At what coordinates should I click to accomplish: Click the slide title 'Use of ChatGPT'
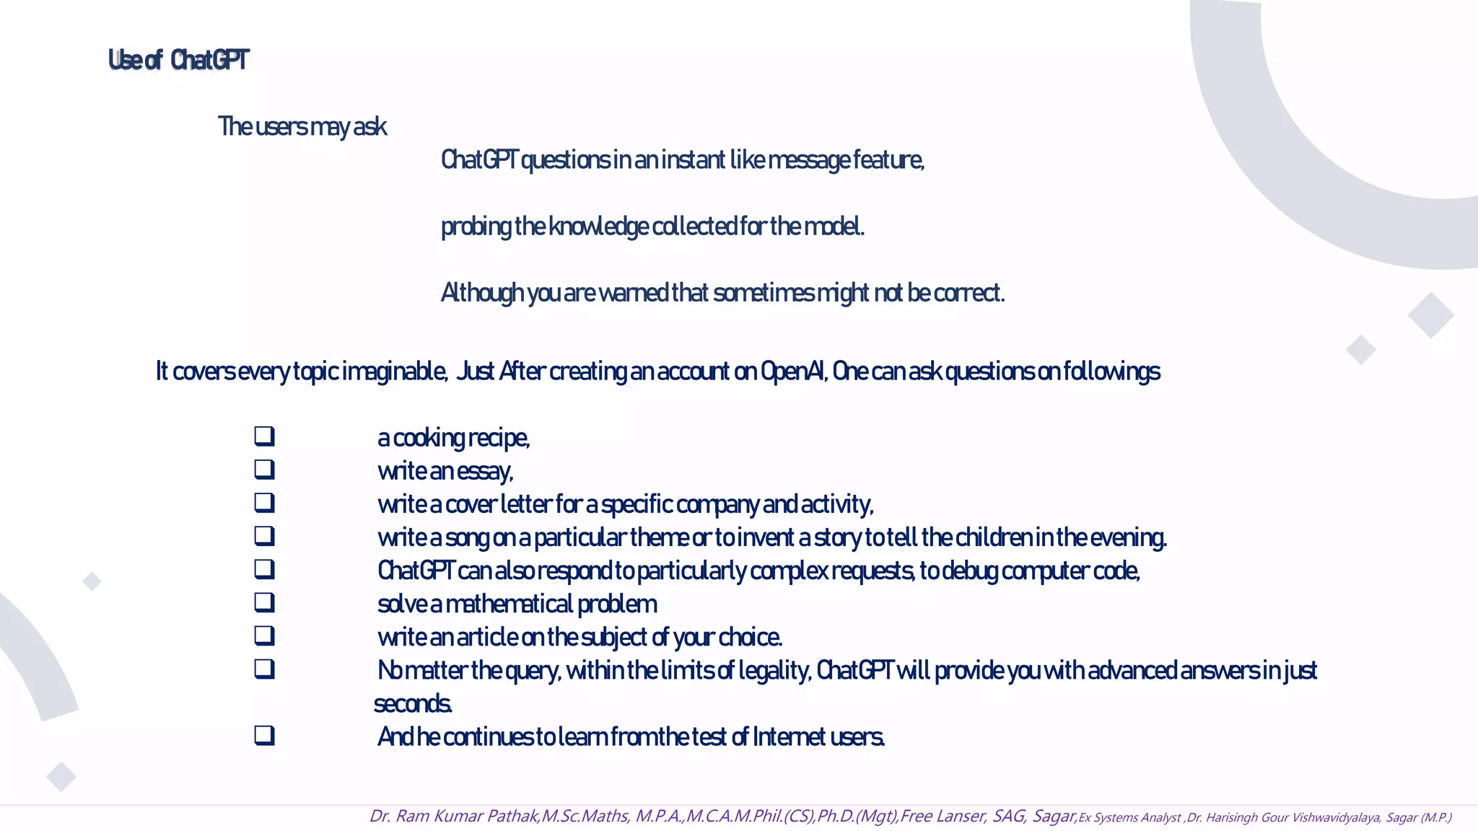[x=178, y=60]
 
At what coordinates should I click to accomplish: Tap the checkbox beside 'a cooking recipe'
[x=264, y=436]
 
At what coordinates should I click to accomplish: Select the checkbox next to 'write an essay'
[x=264, y=469]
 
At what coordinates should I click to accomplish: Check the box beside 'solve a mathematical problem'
[x=264, y=602]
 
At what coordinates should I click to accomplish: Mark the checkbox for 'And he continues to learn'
[x=264, y=735]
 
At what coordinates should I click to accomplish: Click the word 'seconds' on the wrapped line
[x=412, y=704]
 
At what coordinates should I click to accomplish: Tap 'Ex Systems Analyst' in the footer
[x=1129, y=817]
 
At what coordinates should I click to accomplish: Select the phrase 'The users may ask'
[x=302, y=127]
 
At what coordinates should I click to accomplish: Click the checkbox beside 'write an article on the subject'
[x=264, y=635]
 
